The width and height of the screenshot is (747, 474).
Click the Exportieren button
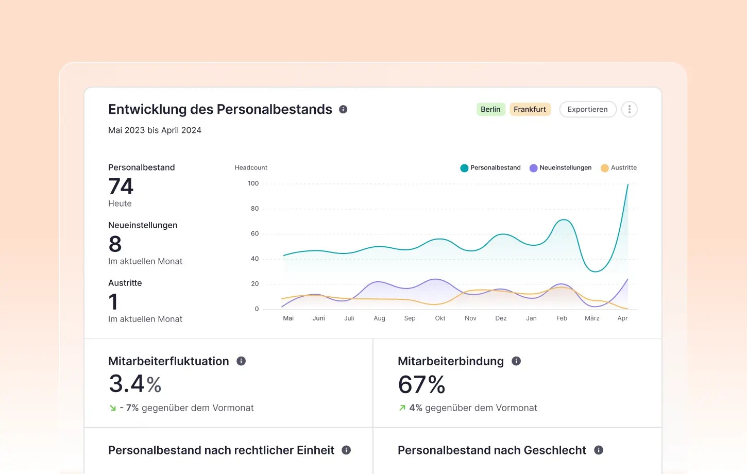click(587, 109)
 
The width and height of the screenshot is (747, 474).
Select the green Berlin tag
click(490, 109)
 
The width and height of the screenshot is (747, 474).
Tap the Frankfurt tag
click(530, 109)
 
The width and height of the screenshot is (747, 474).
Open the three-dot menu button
click(629, 109)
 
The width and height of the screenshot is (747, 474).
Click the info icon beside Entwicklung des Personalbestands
click(343, 109)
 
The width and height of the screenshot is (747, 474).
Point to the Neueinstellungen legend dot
click(533, 168)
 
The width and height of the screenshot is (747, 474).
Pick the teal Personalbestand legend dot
click(464, 168)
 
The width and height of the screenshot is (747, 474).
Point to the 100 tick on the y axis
click(253, 183)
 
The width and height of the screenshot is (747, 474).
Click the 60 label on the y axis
click(254, 234)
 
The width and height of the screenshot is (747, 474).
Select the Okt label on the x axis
click(440, 318)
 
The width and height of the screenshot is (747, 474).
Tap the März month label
click(592, 318)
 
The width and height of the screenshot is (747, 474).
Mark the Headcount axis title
click(251, 168)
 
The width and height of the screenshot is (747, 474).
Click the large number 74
click(121, 187)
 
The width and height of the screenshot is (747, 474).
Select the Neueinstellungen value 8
click(115, 244)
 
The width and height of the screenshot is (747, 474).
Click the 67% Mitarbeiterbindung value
click(421, 384)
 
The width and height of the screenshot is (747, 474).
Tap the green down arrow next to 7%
click(113, 408)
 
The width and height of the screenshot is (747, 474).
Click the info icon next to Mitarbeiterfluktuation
click(241, 361)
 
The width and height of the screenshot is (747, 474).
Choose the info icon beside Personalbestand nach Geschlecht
click(599, 450)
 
